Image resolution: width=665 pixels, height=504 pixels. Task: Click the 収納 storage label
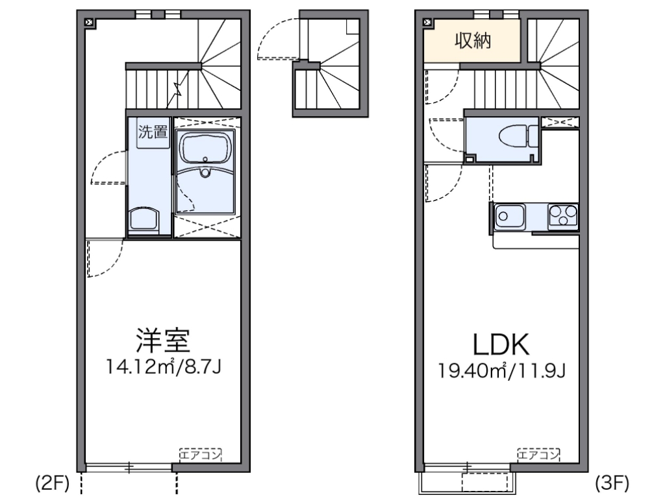pos(472,42)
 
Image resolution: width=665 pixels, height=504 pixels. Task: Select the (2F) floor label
pos(51,483)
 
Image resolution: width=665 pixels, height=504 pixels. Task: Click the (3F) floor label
pos(611,483)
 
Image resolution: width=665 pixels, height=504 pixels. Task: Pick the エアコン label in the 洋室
pos(201,453)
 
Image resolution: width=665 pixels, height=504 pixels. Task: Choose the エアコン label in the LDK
pos(539,453)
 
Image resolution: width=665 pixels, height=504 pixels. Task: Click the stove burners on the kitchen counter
pos(563,215)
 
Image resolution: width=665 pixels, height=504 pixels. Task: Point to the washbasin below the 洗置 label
pos(145,219)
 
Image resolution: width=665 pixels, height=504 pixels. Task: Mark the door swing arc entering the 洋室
pos(104,259)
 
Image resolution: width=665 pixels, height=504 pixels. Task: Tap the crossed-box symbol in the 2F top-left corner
pos(89,22)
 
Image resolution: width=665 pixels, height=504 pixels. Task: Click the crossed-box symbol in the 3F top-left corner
pos(427,22)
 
